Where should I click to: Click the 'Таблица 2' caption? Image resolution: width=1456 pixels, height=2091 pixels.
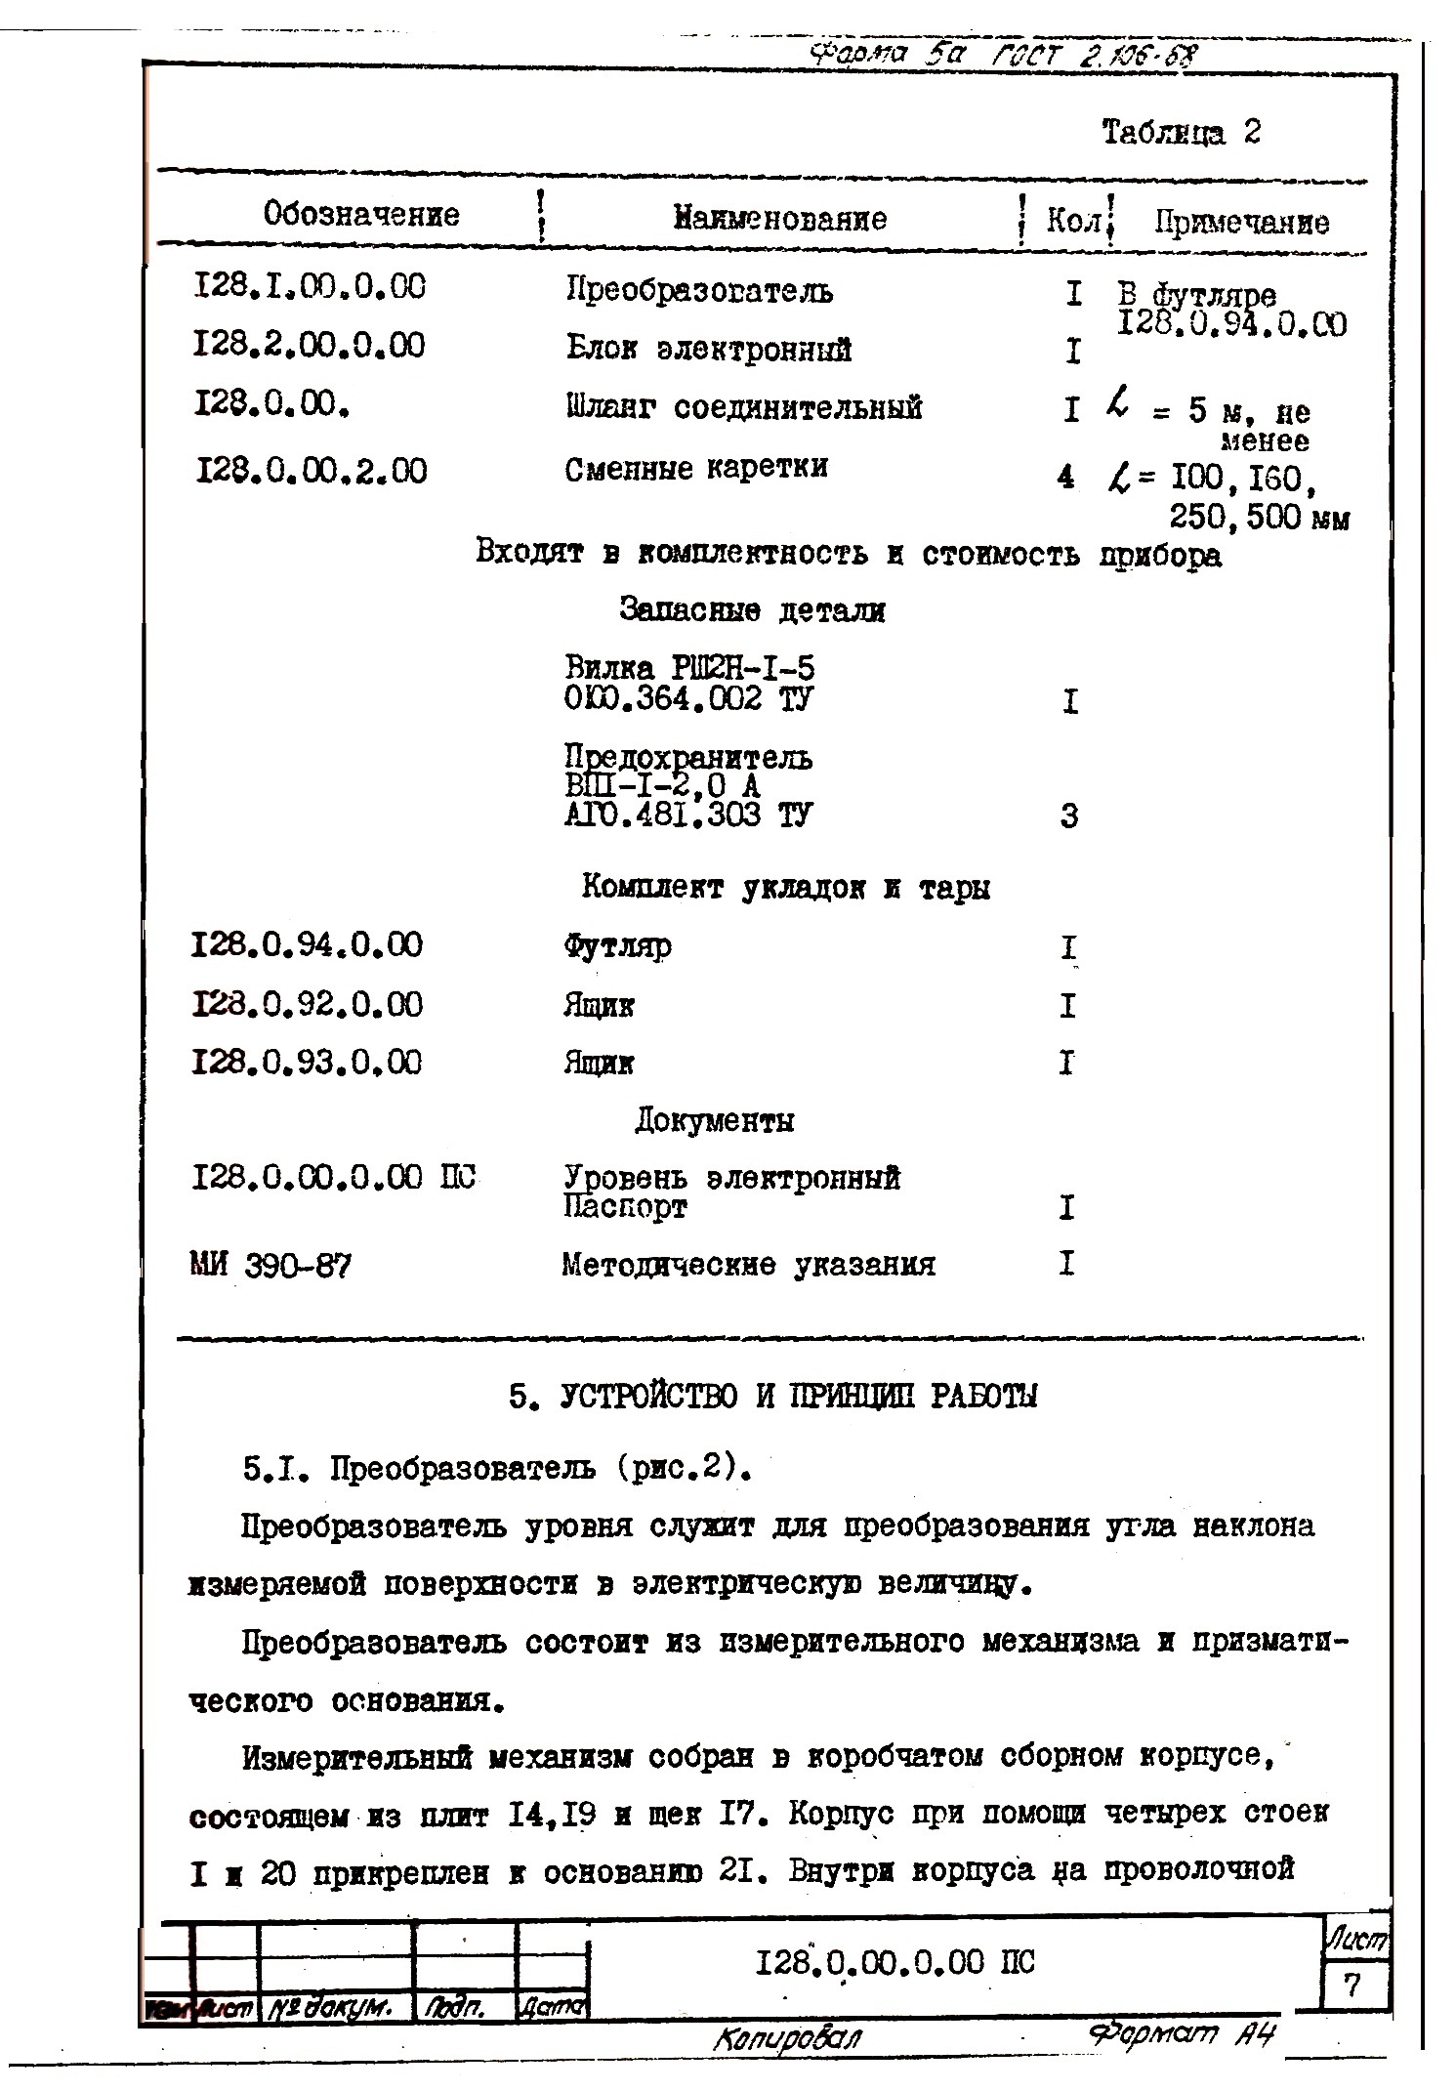1181,132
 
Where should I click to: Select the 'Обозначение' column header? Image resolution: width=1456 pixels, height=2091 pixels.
360,214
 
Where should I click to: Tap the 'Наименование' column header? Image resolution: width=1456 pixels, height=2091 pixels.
779,218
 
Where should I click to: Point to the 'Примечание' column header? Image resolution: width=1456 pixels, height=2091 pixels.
1240,223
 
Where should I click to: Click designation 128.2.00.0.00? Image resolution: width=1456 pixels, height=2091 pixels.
310,345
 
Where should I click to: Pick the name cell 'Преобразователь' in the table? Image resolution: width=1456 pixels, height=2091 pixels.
699,290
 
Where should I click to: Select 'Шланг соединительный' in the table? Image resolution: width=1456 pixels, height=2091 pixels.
743,407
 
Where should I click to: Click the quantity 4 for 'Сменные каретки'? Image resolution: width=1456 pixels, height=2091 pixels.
1066,477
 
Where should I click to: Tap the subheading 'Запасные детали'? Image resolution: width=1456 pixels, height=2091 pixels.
752,611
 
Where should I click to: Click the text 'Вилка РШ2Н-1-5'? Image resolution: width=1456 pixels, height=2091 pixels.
688,668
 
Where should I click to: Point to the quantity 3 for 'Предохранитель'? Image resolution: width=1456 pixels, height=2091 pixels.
1069,815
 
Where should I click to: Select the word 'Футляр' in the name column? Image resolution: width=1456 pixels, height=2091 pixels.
616,945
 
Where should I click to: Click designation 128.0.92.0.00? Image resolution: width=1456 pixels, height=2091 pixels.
308,1004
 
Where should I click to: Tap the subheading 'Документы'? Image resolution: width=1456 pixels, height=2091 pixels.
714,1120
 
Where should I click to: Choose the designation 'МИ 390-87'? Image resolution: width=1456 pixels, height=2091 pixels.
270,1267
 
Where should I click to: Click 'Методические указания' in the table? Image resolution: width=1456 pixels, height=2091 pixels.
748,1266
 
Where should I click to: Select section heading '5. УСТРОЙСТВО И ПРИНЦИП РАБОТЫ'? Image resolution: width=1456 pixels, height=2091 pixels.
772,1397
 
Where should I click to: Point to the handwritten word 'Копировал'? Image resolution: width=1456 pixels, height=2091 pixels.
788,2037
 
